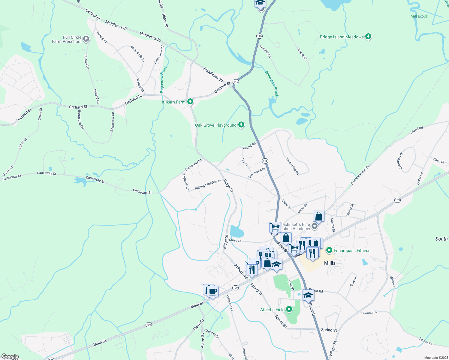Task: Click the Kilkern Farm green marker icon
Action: pos(190,102)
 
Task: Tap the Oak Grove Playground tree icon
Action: pos(241,125)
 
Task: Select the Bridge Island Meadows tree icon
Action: pos(368,37)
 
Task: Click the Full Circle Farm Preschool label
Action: pos(67,39)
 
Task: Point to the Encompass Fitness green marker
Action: pos(329,250)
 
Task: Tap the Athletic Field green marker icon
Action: pos(289,309)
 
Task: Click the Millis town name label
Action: pos(330,263)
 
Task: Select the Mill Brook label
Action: pos(419,16)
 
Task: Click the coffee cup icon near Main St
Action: pos(213,291)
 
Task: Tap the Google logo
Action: pos(10,356)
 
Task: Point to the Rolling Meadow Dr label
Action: pos(208,184)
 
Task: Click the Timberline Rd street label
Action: pos(292,166)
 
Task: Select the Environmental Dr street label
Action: pos(360,175)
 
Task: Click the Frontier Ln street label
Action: pos(265,51)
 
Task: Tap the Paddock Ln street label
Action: pos(185,182)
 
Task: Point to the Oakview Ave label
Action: pos(257,173)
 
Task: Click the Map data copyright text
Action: pos(436,358)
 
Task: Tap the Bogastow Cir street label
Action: pos(81,119)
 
